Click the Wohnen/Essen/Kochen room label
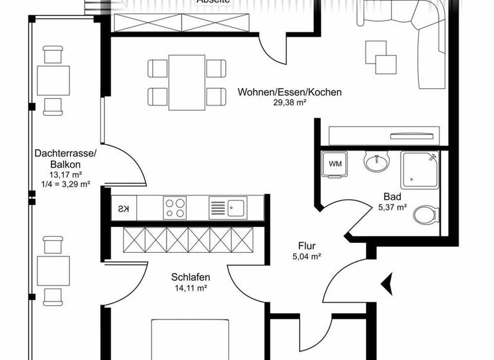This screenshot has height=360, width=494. [289, 92]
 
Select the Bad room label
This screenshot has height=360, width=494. [392, 197]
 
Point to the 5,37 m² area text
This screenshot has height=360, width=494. [392, 207]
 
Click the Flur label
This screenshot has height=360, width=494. [307, 246]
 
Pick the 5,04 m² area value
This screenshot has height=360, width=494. [307, 256]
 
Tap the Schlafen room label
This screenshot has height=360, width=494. [191, 277]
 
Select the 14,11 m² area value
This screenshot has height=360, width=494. [191, 288]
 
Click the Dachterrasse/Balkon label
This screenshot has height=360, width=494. [65, 159]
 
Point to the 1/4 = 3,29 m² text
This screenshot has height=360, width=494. [65, 184]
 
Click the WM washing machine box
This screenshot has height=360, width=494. [336, 163]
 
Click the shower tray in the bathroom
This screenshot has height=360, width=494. [419, 170]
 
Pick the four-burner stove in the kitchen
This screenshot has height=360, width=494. [175, 208]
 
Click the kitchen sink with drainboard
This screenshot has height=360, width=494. [226, 208]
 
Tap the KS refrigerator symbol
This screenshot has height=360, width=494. [123, 208]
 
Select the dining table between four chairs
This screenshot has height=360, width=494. [187, 83]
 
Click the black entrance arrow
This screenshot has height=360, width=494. [387, 282]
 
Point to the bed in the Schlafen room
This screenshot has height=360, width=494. [190, 339]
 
